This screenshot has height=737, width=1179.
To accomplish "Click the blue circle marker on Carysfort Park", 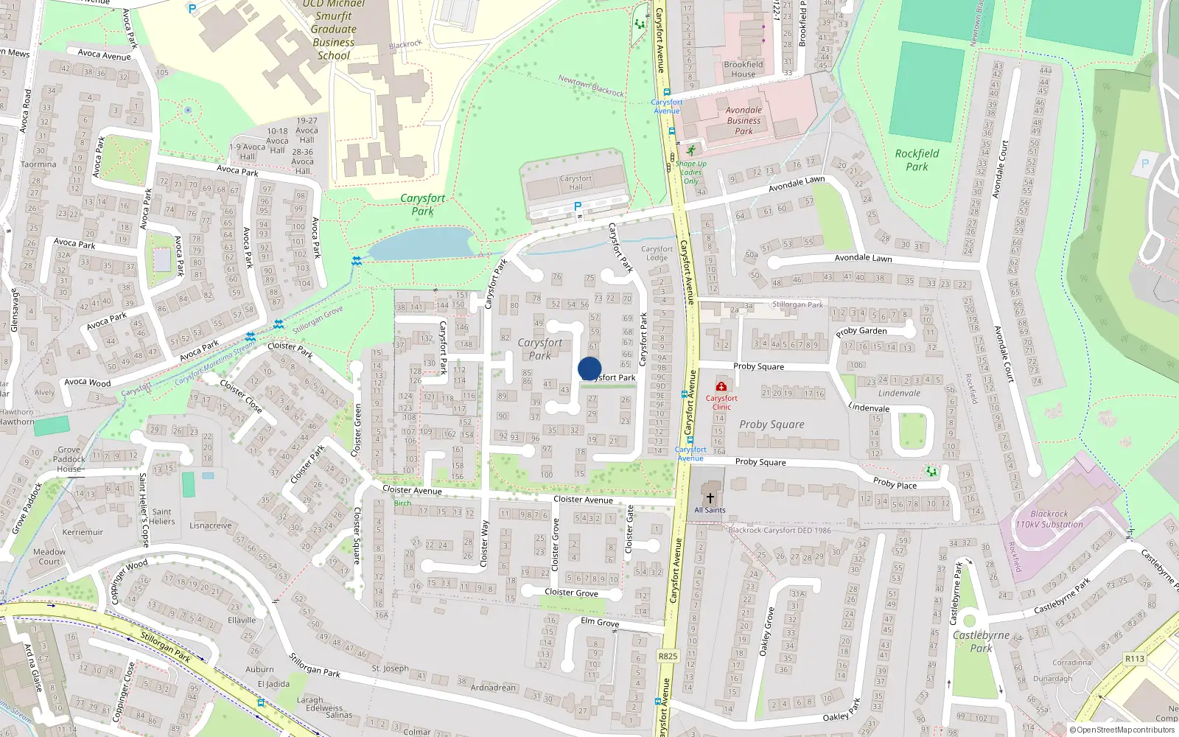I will click(589, 368).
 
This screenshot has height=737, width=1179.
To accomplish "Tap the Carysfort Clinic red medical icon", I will click(721, 386).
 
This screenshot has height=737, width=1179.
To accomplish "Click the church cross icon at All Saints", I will click(710, 497).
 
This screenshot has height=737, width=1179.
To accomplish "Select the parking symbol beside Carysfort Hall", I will click(578, 206).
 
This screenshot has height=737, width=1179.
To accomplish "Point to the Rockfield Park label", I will click(917, 160).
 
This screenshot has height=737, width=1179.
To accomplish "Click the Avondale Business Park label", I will click(744, 121).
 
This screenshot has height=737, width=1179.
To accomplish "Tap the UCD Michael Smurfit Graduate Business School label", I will click(334, 29).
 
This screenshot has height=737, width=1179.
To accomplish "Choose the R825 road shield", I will click(668, 656).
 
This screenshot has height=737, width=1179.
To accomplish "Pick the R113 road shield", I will click(1135, 659).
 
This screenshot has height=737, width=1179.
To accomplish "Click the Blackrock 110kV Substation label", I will click(1049, 519).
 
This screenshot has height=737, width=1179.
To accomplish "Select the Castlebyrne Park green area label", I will click(981, 641).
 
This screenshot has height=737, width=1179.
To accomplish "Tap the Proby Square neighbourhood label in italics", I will click(772, 425).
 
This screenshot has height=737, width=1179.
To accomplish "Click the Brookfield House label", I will click(743, 69).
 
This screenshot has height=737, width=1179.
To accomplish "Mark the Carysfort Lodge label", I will click(657, 254).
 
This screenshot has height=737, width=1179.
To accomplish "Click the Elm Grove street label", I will click(600, 623).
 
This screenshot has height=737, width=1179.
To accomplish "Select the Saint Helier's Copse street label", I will click(143, 510).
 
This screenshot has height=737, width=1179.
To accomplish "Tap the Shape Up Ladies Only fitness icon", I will click(690, 150).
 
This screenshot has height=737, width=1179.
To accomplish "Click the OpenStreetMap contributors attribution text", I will click(1122, 730).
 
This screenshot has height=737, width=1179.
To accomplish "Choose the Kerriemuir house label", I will click(83, 532).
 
